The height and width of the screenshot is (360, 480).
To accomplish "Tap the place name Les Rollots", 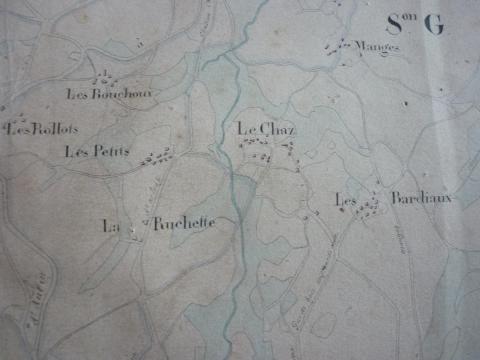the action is [x=42, y=129].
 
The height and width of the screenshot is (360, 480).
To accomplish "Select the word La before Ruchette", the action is [x=111, y=226].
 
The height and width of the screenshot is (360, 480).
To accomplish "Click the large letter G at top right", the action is [x=434, y=27].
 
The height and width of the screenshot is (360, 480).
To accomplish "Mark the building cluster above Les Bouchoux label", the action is [x=103, y=78].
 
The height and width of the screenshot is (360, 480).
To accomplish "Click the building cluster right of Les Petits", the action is [x=156, y=156].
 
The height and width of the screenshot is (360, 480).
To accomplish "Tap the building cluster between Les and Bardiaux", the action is [x=372, y=204].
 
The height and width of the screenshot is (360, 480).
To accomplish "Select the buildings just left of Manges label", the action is [x=343, y=44].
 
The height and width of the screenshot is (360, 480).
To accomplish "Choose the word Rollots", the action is [x=52, y=129].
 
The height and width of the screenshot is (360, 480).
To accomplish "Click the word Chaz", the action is [x=271, y=129].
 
